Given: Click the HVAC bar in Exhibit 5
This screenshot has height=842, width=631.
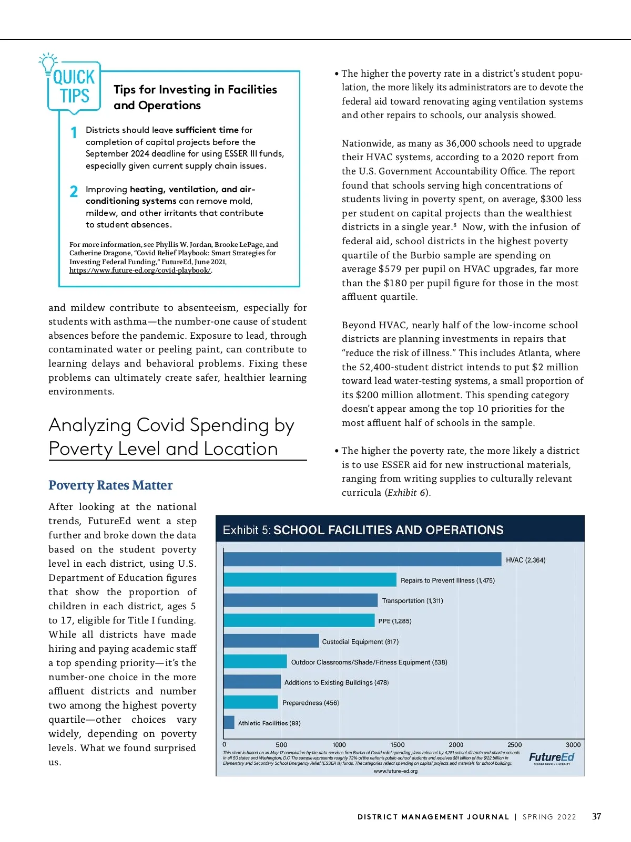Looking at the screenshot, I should point(362,559).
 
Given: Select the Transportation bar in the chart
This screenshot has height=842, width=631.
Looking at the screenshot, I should point(300,600).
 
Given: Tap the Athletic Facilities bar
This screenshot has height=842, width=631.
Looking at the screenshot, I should point(229,723).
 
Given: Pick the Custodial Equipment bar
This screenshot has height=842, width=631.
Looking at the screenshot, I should point(271,641).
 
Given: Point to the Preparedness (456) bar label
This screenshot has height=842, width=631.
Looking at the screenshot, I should point(310,703).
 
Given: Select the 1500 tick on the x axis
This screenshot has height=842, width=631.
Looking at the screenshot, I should point(398,745).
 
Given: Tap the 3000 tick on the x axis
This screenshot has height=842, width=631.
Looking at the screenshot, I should point(573,745).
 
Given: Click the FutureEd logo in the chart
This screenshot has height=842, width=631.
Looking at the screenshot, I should point(552,757).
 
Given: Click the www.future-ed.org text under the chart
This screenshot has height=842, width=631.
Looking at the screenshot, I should point(395,771).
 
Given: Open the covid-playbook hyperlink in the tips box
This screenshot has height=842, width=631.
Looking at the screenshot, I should point(140,271).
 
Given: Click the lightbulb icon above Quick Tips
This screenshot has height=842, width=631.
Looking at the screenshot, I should point(48,62).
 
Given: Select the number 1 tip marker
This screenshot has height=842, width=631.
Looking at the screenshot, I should point(74,133).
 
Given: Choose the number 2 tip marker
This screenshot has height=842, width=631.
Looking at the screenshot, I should point(74,192).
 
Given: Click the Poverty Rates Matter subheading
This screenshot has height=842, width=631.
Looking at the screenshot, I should point(110,485).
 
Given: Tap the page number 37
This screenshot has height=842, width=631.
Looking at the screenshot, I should point(596,816).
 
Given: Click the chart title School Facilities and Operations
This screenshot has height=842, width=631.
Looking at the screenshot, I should point(389,530).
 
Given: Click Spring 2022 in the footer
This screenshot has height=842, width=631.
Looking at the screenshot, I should point(549,817).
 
